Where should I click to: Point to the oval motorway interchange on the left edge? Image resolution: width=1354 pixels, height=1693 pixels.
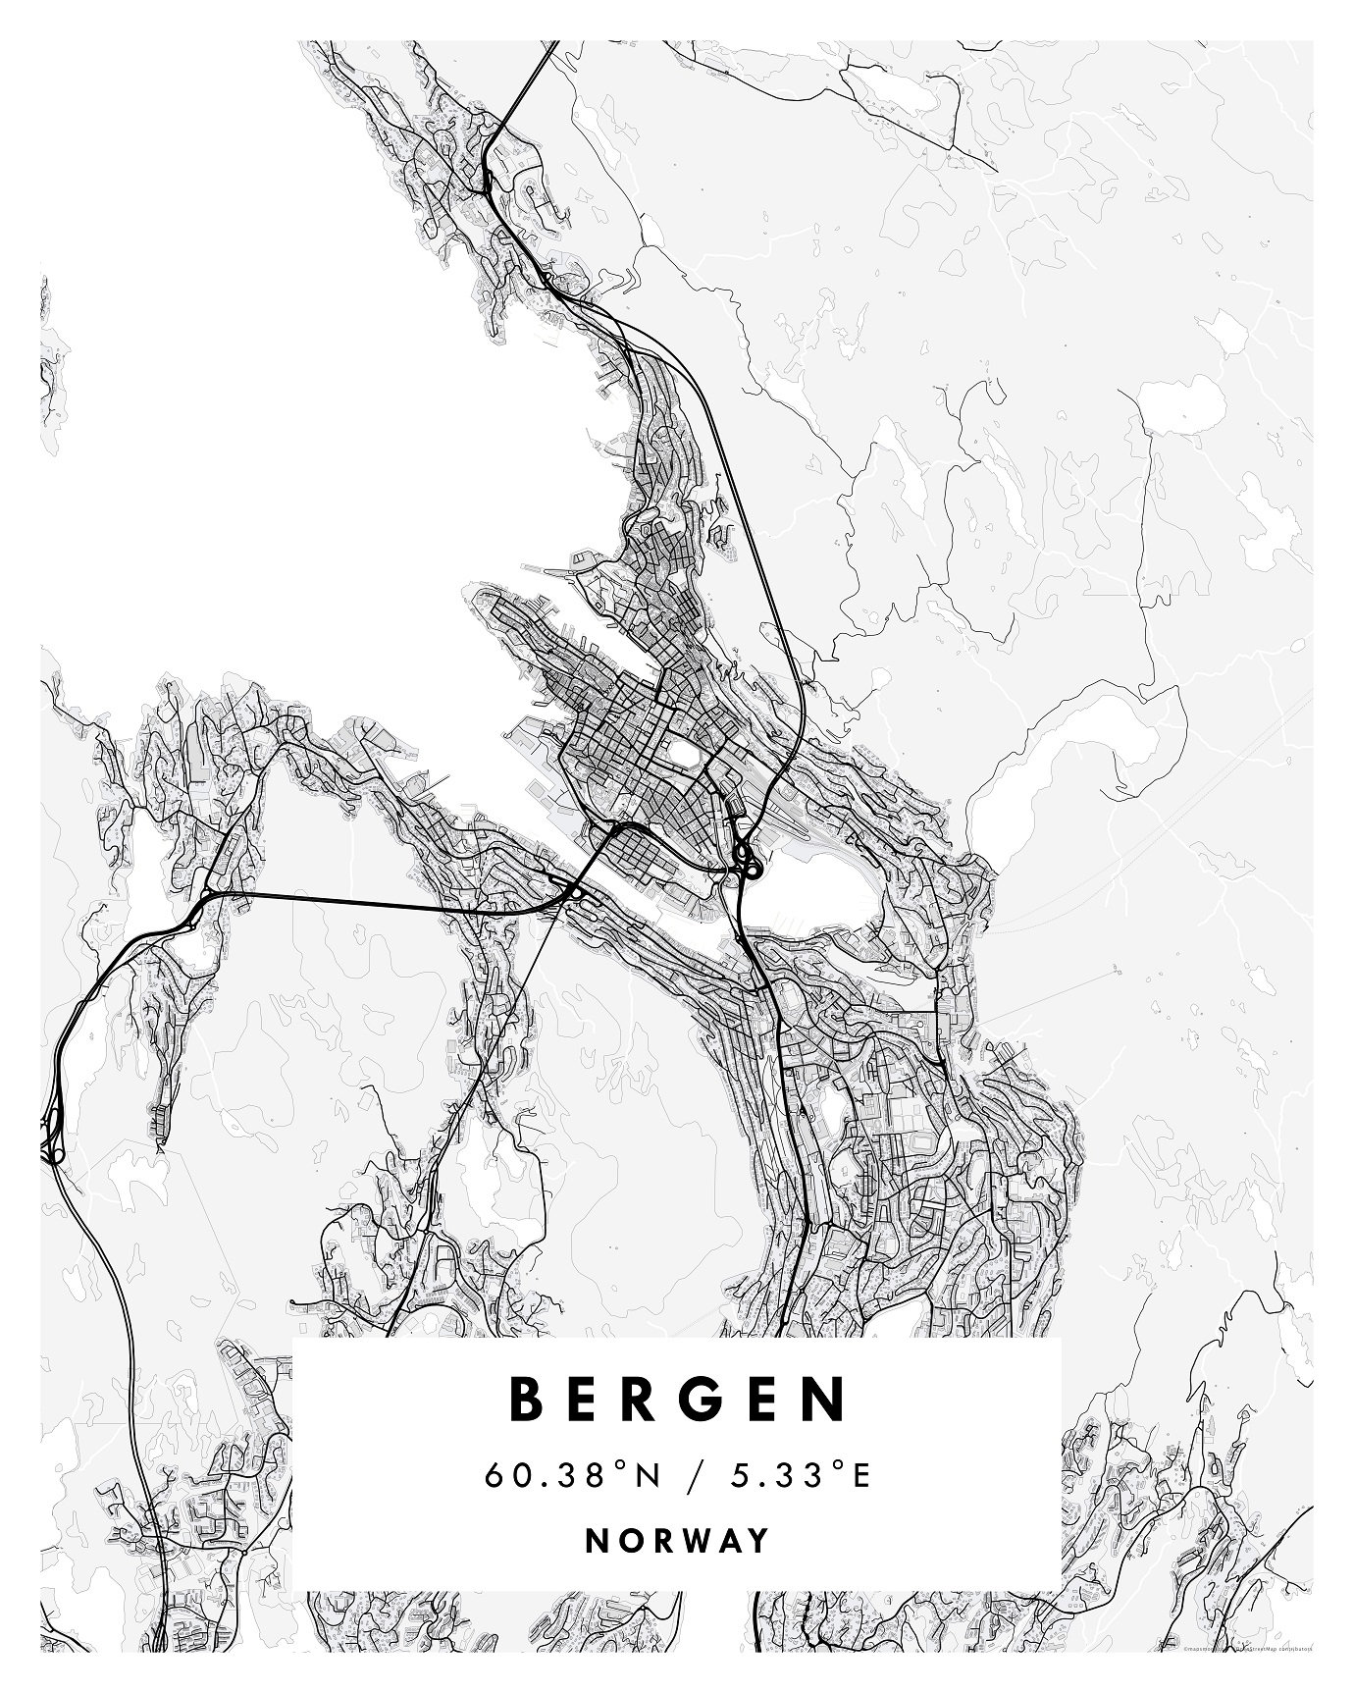[x=51, y=1138]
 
